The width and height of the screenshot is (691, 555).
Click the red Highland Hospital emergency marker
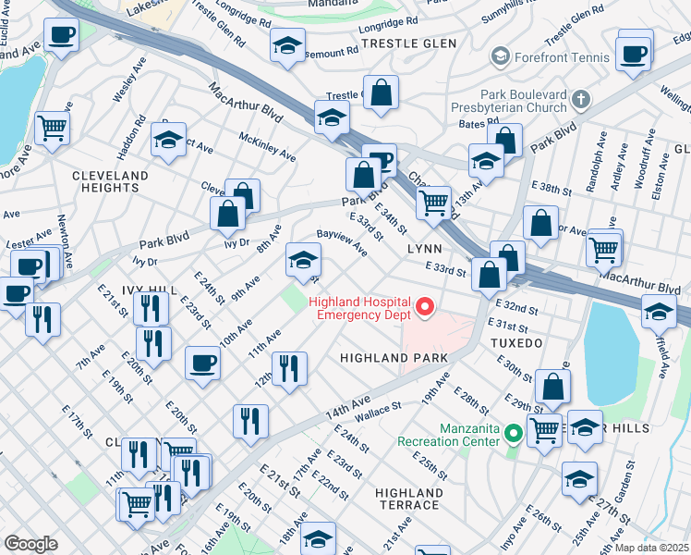(x=425, y=306)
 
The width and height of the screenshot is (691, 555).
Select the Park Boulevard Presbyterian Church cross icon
(x=580, y=98)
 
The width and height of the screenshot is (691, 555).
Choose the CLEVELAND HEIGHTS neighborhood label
(x=109, y=181)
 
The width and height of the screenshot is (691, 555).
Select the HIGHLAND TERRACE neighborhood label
(x=408, y=499)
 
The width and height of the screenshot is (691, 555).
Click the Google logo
(x=30, y=544)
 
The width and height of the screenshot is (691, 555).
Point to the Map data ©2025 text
(x=652, y=548)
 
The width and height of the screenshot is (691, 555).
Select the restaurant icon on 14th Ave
(x=250, y=421)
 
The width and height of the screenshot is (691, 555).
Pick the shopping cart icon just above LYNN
(x=432, y=201)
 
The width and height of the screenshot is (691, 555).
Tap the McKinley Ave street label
(x=267, y=144)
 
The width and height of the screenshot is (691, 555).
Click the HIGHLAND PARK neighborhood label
(x=394, y=357)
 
